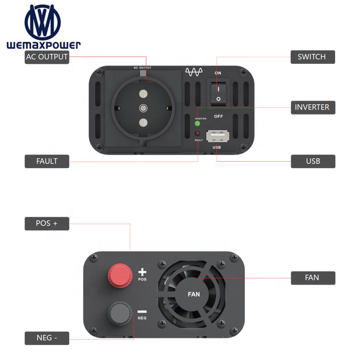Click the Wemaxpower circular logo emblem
43,22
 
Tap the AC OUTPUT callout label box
47,57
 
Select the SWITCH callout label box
312,57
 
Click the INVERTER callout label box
313,108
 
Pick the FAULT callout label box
47,161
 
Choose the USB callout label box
313,161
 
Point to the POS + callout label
47,224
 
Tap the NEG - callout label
47,338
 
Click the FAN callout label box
313,278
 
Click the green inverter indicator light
197,123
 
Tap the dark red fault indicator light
197,133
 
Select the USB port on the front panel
217,136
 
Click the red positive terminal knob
120,276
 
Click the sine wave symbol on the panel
194,72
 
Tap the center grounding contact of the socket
143,108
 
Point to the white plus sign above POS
143,272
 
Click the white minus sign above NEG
142,312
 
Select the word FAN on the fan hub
194,294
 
